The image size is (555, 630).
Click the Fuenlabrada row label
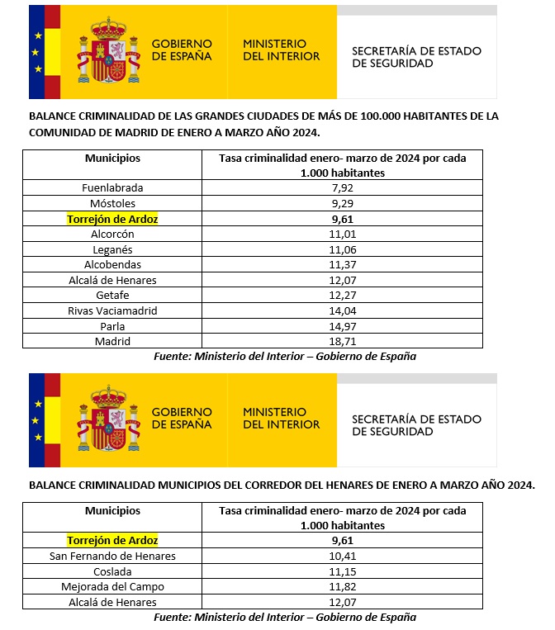coord(112,188)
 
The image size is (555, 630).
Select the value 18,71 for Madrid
coord(342,341)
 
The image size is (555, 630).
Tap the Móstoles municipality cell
coord(112,203)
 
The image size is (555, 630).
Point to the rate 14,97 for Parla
coord(342,326)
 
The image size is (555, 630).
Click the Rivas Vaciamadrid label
coord(112,310)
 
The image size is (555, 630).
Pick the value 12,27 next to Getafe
coord(342,296)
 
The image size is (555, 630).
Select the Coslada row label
coord(112,571)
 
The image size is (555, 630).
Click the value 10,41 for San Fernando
coord(342,556)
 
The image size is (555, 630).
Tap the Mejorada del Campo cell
coord(112,586)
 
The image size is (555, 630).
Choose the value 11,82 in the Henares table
coord(342,586)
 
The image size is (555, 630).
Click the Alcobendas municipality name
coord(112,264)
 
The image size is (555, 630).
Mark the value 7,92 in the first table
coord(342,188)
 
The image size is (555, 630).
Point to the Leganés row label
coord(112,249)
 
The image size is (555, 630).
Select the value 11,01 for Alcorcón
coord(342,234)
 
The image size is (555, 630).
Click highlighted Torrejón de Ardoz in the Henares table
coord(112,540)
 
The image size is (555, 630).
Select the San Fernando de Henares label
coord(112,556)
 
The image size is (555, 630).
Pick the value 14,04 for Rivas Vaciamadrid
coord(342,310)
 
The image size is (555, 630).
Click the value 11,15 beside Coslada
coord(342,571)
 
